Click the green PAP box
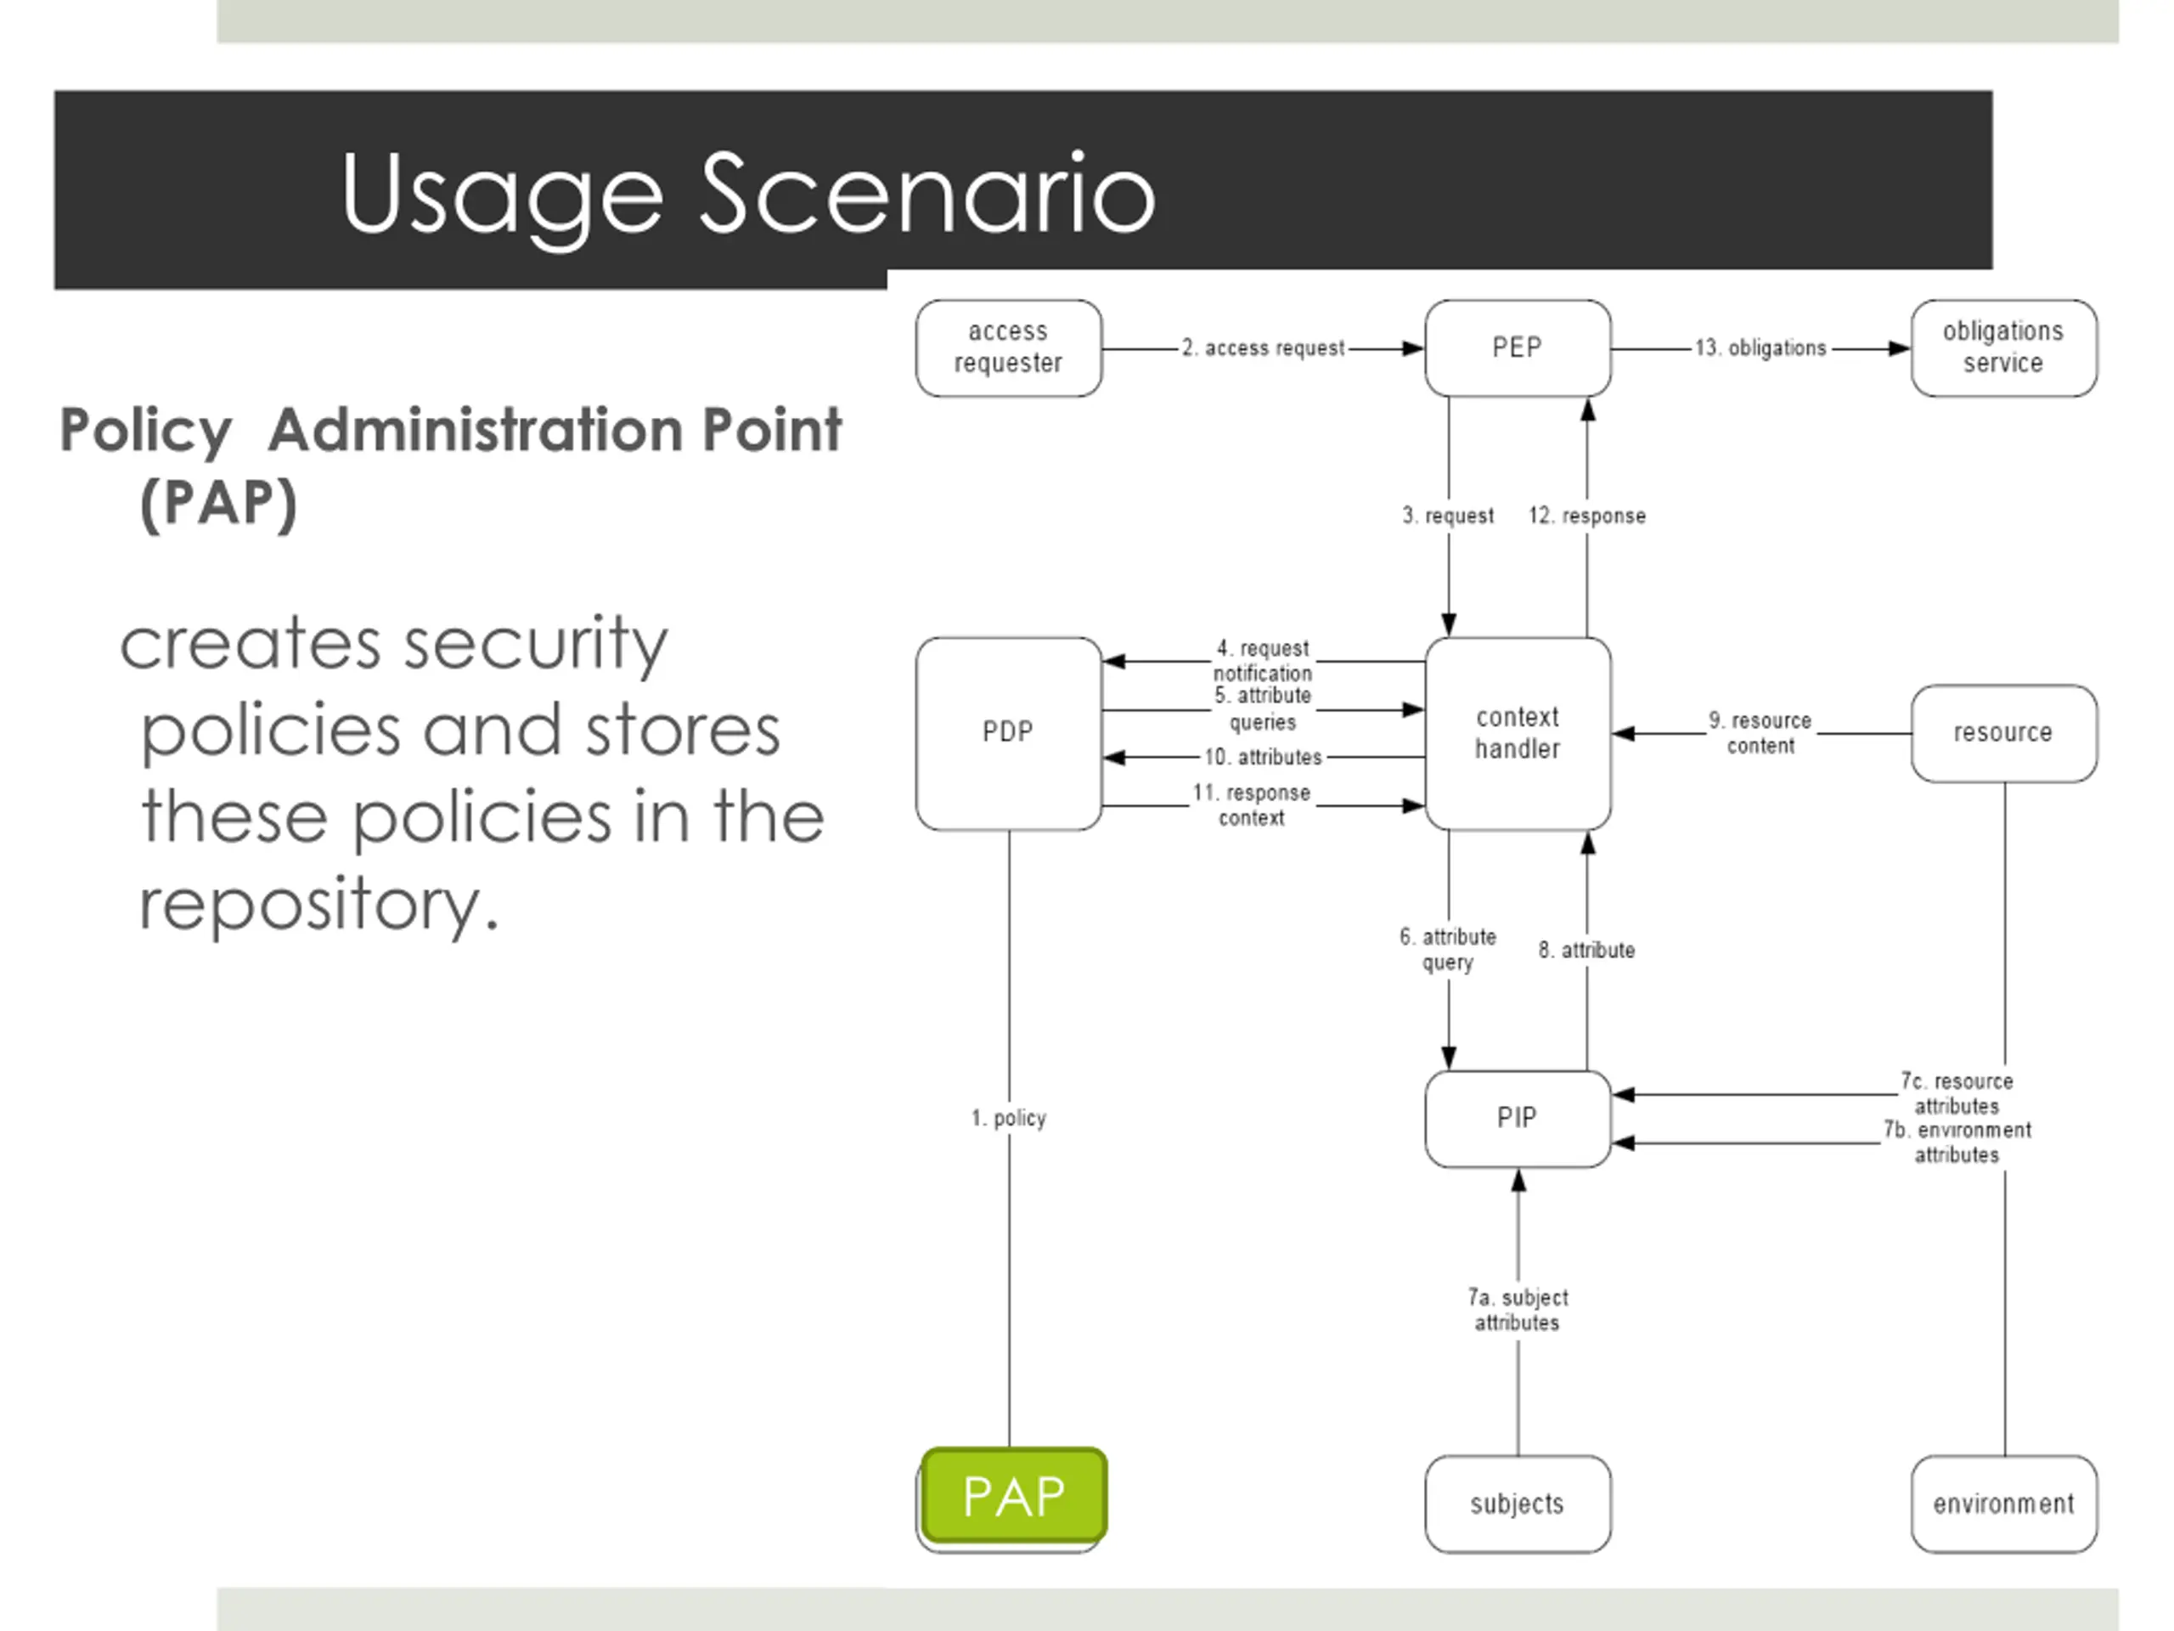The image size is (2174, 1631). [1014, 1495]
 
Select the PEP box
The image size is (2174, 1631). [1518, 348]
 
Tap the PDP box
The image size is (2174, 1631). [1008, 732]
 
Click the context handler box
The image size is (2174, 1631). [1518, 732]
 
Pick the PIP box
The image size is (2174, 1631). [1518, 1118]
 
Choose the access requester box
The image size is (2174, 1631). [1008, 348]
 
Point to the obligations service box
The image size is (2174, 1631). [2003, 348]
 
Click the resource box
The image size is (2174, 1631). [2003, 732]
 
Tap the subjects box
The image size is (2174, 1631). [1518, 1504]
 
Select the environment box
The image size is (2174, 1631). [2003, 1504]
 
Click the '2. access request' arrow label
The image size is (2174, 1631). [1263, 348]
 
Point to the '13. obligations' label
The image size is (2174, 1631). [1760, 348]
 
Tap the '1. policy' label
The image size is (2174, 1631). [1008, 1118]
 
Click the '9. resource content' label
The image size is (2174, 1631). [1760, 732]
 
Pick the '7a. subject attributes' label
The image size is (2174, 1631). [1518, 1310]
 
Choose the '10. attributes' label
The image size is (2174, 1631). [1263, 757]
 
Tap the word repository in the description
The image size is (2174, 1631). [318, 905]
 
